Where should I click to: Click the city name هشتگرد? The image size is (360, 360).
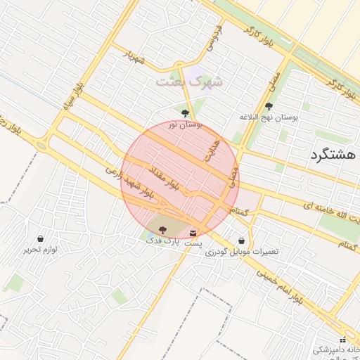[334, 156]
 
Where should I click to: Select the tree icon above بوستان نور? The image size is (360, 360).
[185, 113]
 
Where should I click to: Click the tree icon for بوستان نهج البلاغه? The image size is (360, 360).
[269, 107]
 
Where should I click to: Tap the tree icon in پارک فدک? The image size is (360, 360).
[162, 229]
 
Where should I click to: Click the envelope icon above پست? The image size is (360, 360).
[193, 233]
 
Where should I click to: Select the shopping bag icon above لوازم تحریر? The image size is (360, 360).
[40, 238]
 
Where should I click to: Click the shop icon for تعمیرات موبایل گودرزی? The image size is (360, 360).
[242, 240]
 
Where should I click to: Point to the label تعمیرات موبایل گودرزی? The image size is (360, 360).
[242, 252]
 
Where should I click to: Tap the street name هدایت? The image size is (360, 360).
[212, 150]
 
